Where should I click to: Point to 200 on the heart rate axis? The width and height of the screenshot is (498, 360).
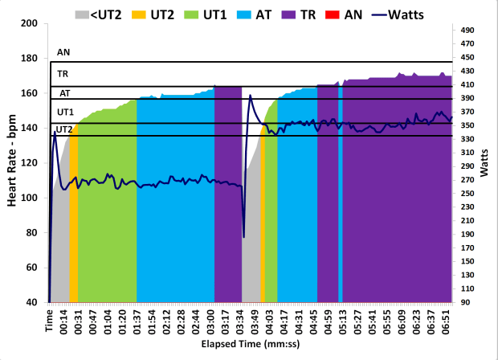pos(32,23)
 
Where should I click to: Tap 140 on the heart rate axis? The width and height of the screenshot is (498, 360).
pos(32,128)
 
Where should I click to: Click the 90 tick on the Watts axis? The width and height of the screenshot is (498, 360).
pos(466,302)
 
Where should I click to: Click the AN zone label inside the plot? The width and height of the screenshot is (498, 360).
pos(63,53)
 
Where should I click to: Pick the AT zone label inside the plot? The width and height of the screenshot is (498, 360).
pos(64,93)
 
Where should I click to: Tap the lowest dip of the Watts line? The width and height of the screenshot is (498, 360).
pos(244,237)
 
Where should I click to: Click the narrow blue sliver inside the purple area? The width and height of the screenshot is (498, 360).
pos(341,193)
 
